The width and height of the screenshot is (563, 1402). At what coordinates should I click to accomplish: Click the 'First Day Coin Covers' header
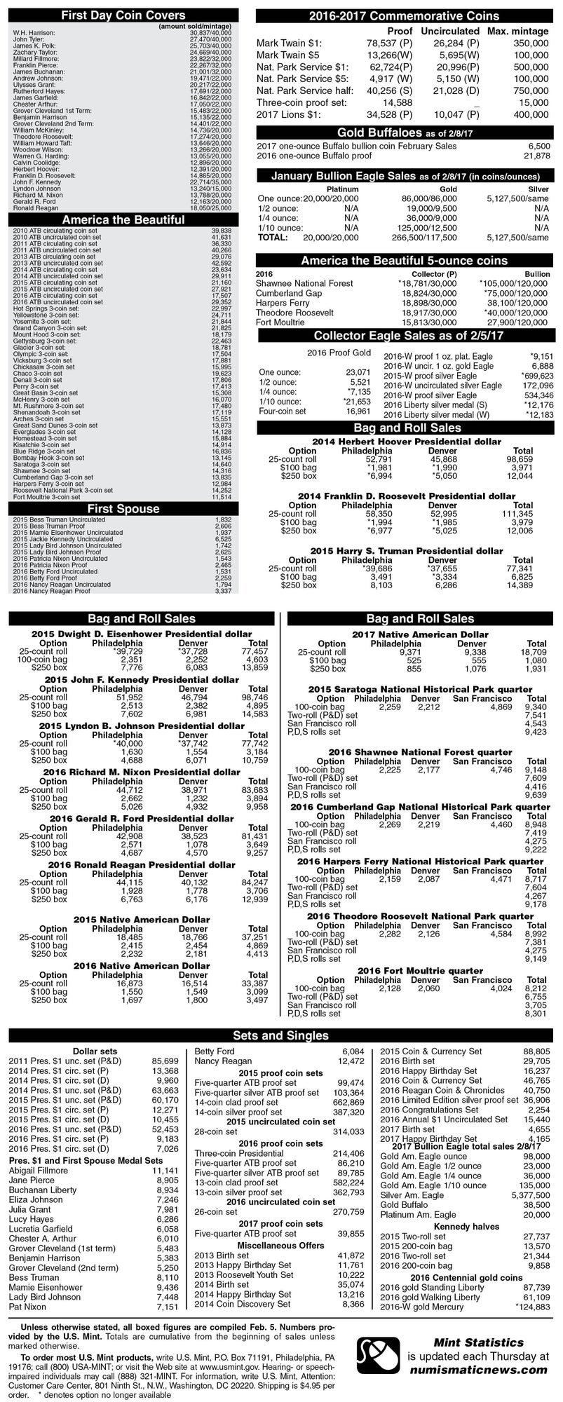tap(123, 15)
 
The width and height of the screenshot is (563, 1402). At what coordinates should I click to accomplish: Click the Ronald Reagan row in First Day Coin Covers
tap(34, 208)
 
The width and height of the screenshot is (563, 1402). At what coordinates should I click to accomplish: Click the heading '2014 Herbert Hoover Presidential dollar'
tap(407, 442)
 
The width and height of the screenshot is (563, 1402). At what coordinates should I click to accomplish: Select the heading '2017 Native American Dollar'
tap(419, 634)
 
